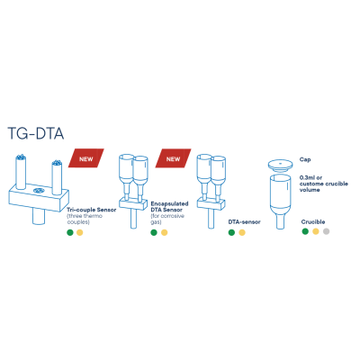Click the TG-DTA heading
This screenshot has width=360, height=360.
click(36, 133)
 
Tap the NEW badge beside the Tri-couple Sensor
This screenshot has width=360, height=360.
click(86, 158)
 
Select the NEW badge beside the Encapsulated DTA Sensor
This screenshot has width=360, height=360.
click(173, 158)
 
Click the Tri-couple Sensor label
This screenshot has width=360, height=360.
click(92, 210)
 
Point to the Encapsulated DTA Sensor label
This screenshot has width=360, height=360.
click(169, 207)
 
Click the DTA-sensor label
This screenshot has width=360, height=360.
click(245, 222)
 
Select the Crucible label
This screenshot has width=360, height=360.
click(313, 222)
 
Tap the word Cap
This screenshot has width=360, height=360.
click(305, 159)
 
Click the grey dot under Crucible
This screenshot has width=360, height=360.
click(326, 231)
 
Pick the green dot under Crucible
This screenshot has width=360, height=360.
click(305, 231)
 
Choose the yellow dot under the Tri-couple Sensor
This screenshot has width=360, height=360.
click(79, 232)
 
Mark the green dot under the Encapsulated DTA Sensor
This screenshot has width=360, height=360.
click(154, 232)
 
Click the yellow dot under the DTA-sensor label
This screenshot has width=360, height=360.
click(242, 232)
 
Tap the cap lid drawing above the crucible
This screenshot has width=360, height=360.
click(280, 165)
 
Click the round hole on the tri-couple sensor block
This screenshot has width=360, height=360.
click(39, 191)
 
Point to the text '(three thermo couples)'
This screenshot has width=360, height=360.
click(85, 219)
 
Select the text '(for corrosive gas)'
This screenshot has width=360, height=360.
click(167, 219)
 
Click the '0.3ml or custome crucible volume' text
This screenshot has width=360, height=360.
click(324, 184)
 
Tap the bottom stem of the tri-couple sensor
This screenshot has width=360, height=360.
click(39, 217)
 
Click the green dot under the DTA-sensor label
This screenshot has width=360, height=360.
click(231, 232)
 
